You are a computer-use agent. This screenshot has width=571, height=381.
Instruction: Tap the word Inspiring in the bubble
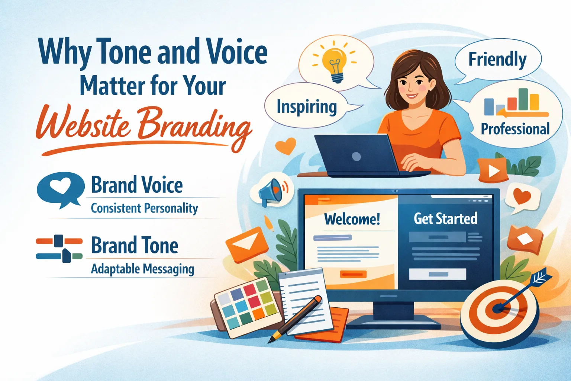pos(307,107)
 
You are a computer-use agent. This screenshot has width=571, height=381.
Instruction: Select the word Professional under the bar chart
pos(515,129)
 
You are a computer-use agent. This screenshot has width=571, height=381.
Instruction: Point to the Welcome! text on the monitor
pos(352,219)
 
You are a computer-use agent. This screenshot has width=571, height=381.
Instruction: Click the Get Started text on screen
pos(445,219)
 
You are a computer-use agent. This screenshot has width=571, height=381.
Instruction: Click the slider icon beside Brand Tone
pos(59,248)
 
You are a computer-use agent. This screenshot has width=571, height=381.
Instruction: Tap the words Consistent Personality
pos(144,208)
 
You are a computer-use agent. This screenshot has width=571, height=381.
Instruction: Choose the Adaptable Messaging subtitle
pos(142,269)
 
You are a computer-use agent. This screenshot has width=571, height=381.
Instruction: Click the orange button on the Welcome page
pos(353,274)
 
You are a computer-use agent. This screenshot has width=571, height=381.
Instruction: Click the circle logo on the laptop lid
pos(356,156)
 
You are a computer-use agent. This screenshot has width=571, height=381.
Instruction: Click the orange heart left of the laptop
pos(285,146)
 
